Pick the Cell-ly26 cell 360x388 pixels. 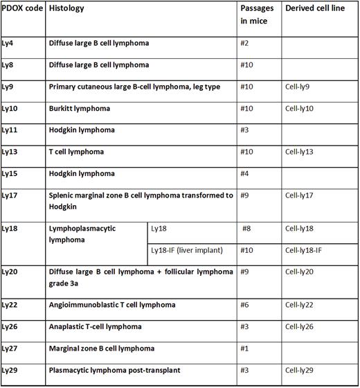coord(300,326)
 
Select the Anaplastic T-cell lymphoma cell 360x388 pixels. coord(96,326)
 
